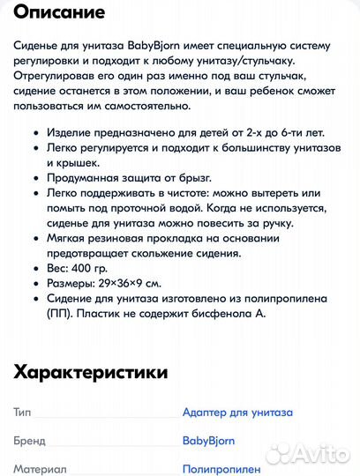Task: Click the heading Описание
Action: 60,13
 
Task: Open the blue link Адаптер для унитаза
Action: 237,412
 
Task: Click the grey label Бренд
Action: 29,440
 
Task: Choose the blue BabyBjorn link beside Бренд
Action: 207,440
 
